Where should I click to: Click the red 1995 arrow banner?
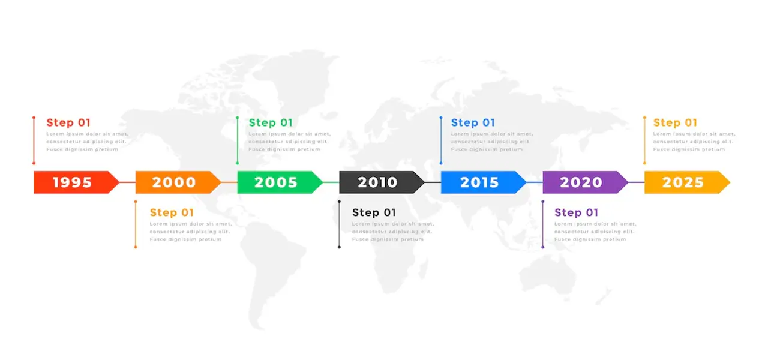coord(76,182)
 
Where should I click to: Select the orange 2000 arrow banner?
coord(178,182)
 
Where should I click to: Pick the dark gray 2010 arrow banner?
coord(382,182)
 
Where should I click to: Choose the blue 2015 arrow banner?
coord(484,182)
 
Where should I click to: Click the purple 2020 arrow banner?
coord(586,182)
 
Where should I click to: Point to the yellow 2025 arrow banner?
coord(687,182)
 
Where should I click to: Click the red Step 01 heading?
coord(68,122)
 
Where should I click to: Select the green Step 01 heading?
coord(271,122)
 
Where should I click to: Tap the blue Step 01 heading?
coord(473,122)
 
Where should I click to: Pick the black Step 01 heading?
coord(374,212)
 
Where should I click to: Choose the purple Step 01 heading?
coord(576,212)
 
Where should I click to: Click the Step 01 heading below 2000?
coord(172,212)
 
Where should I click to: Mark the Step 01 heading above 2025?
coord(675,122)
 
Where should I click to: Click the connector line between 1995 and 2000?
coord(127,182)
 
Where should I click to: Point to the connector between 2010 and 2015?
coord(433,182)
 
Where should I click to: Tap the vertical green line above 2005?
coord(238,140)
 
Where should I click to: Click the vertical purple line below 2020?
coord(543,224)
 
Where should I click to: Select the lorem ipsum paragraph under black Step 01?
coord(393,232)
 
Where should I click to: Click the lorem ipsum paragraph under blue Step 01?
coord(492,142)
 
